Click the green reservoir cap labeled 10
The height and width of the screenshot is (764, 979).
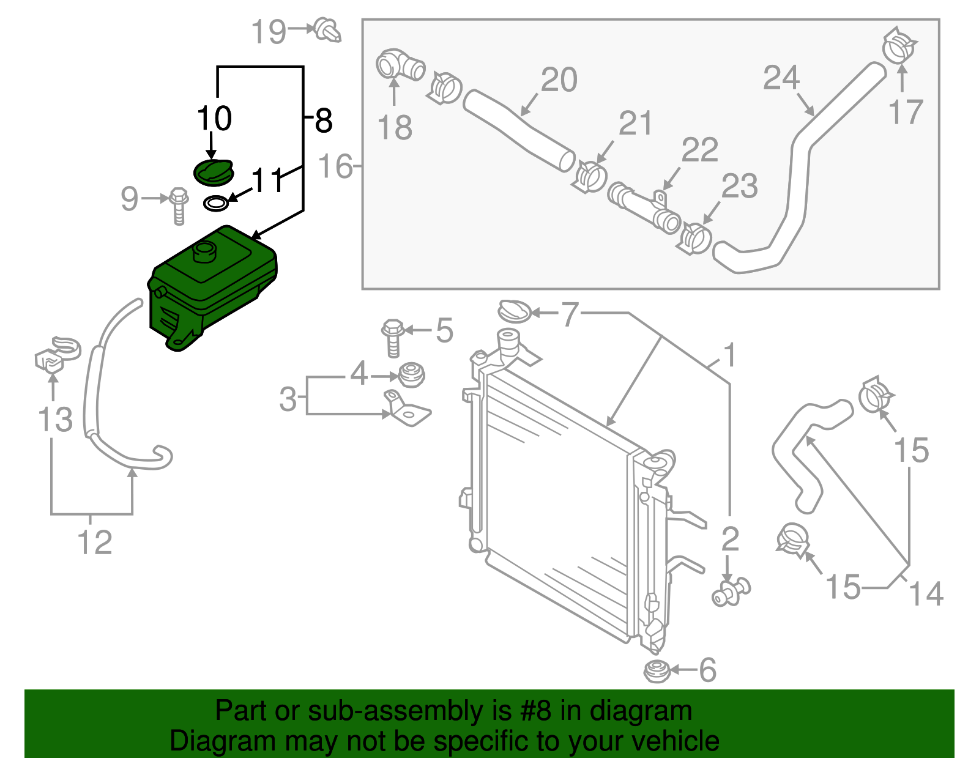tap(213, 171)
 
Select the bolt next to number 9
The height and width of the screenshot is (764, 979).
tap(179, 206)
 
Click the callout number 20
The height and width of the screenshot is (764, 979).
tap(559, 80)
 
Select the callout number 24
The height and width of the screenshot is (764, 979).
tap(781, 78)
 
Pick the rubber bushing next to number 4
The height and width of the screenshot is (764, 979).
tap(411, 375)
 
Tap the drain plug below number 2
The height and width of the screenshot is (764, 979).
tap(731, 591)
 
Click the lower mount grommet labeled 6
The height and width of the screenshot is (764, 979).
tap(658, 671)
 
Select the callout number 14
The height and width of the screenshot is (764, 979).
tap(926, 593)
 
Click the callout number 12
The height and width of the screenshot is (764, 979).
tap(95, 543)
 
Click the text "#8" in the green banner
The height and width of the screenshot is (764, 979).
tap(537, 711)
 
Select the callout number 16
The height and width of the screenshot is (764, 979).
tap(336, 166)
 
